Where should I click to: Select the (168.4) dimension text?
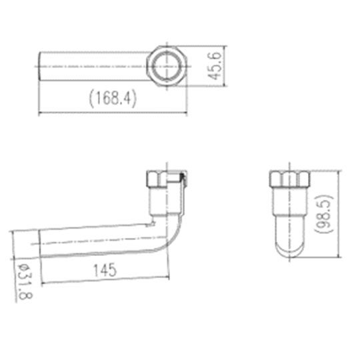click(113, 99)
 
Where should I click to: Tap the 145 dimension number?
click(105, 270)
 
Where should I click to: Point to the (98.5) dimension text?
click(324, 214)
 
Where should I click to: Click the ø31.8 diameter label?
click(25, 282)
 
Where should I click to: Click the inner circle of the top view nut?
click(167, 66)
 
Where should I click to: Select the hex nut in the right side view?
click(289, 179)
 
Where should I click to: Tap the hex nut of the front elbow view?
click(167, 179)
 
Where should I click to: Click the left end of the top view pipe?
click(39, 66)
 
